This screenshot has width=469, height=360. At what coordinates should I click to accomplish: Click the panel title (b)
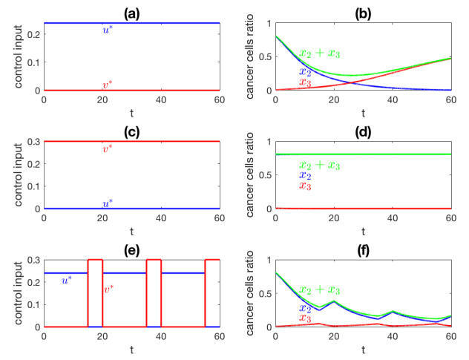click(364, 10)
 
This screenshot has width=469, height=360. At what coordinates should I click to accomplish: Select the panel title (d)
click(364, 128)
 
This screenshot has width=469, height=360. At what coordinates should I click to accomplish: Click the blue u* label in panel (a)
click(108, 30)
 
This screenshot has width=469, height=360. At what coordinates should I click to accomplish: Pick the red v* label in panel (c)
click(108, 148)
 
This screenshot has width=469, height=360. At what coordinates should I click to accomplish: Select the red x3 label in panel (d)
click(304, 186)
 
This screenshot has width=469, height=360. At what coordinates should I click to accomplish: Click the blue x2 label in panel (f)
click(304, 307)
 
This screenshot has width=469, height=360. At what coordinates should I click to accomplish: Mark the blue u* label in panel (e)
click(66, 280)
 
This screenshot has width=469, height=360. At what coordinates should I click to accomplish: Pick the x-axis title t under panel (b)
click(364, 113)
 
